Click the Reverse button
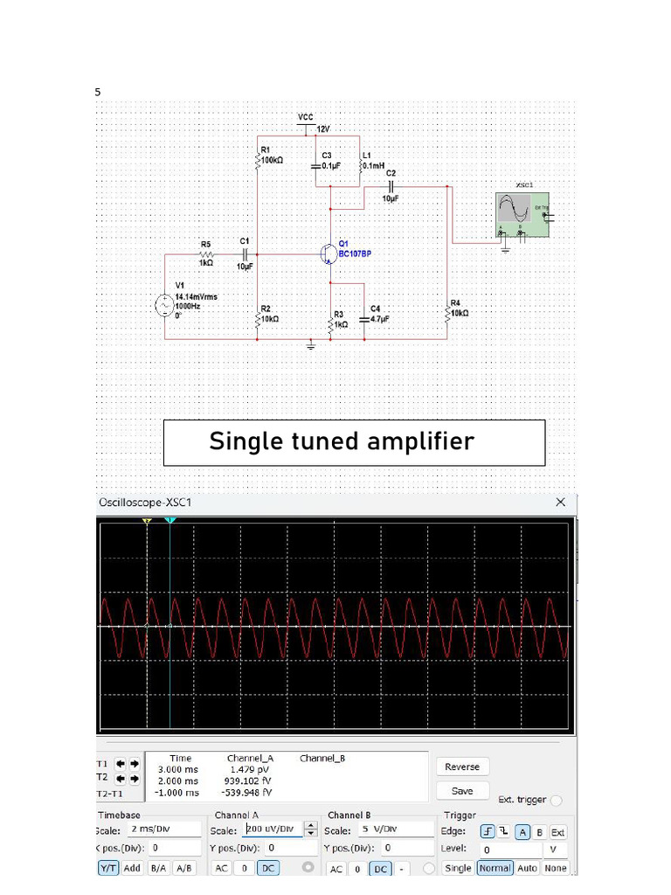click(x=462, y=767)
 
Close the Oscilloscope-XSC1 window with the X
click(x=561, y=502)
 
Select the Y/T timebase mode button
click(x=108, y=868)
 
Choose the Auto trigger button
click(x=527, y=868)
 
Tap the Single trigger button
click(x=458, y=868)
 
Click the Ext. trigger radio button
click(x=557, y=800)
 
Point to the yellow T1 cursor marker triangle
click(x=147, y=521)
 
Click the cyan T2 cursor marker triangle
click(x=169, y=521)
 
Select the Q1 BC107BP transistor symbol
click(x=329, y=253)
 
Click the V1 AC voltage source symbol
click(x=164, y=305)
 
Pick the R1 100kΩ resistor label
click(x=271, y=156)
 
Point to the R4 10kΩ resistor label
click(x=460, y=308)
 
